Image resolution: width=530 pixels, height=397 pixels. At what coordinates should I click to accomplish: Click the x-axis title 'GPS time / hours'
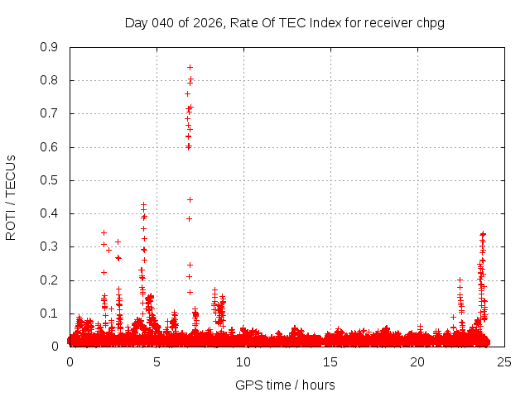tap(286, 385)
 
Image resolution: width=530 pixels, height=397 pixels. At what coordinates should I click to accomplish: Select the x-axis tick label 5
tap(157, 361)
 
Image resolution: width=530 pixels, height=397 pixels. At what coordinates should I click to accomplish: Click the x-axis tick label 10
tap(243, 361)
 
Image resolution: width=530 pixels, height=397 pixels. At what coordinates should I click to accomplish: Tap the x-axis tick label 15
tap(330, 361)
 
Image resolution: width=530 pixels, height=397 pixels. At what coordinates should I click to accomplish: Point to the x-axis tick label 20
tap(417, 361)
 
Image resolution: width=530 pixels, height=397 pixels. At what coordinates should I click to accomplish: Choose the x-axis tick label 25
tap(504, 361)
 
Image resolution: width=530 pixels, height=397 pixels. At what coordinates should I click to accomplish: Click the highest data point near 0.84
tap(190, 67)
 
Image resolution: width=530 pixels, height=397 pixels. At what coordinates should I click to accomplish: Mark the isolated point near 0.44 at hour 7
tap(190, 199)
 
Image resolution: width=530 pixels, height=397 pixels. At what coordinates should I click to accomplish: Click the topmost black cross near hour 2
tap(104, 232)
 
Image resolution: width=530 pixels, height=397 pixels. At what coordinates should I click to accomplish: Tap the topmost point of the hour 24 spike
tap(483, 234)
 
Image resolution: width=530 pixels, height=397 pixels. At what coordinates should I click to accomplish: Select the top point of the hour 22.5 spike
tap(460, 280)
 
